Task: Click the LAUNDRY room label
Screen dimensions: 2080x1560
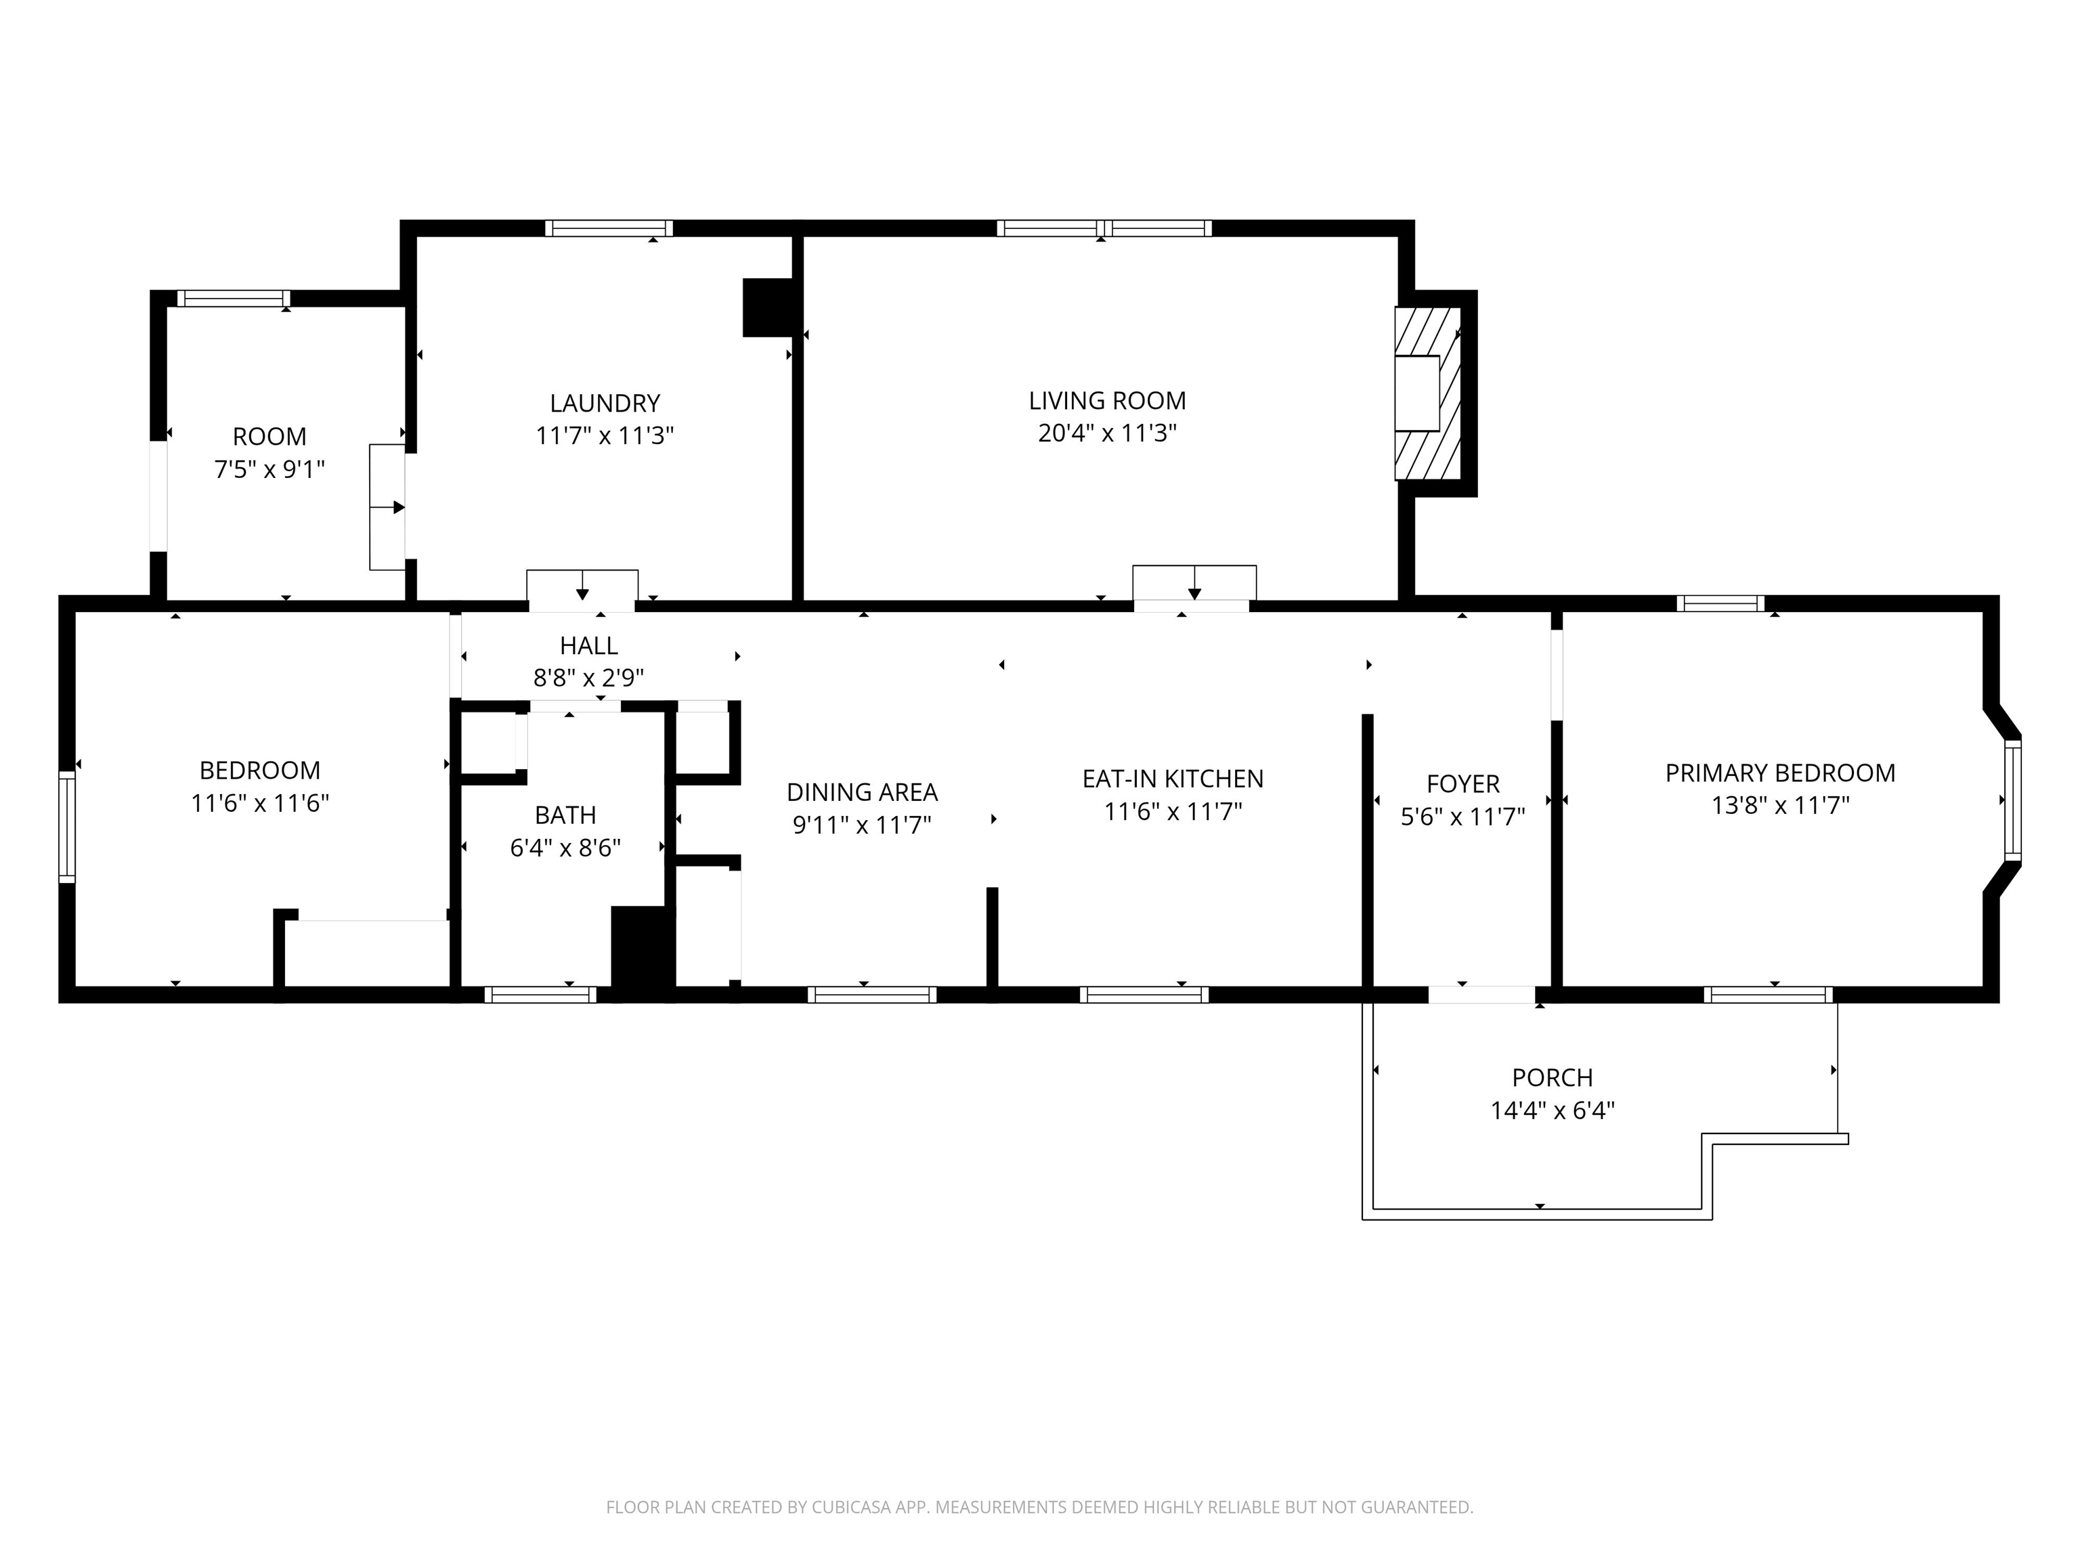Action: [x=605, y=404]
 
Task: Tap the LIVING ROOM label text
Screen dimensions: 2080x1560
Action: [x=1107, y=401]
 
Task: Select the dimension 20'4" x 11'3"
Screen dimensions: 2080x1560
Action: [x=1107, y=433]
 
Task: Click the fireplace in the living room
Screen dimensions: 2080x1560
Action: [x=1427, y=393]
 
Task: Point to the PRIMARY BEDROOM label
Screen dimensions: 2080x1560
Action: [x=1780, y=773]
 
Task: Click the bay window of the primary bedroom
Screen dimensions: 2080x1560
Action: [x=2012, y=800]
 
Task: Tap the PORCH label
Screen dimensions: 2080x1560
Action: [x=1553, y=1078]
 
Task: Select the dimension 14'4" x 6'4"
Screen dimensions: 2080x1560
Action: [x=1553, y=1110]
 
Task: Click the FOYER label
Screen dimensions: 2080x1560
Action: [x=1462, y=784]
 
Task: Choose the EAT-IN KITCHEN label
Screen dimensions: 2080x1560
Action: [x=1173, y=779]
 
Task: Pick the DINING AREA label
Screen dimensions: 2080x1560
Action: [x=863, y=793]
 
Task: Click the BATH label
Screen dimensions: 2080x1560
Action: [x=565, y=815]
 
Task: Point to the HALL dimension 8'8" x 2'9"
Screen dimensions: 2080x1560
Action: [x=588, y=678]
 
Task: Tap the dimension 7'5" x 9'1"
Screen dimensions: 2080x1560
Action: [x=270, y=469]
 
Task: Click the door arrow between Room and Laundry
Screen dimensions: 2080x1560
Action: [x=387, y=508]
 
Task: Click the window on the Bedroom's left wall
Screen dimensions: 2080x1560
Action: [x=67, y=827]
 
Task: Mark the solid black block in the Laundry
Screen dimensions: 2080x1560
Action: [x=770, y=307]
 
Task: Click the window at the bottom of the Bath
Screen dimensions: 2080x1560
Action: [x=541, y=995]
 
